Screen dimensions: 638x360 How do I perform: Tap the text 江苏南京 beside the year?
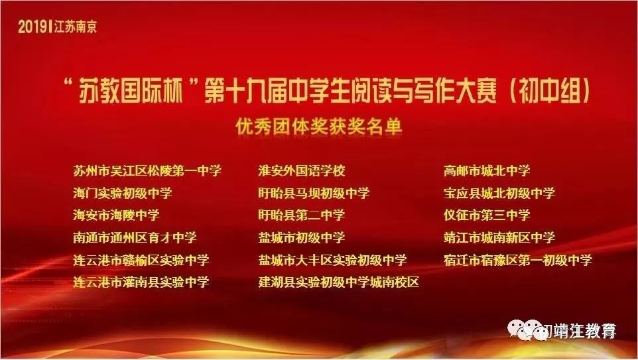coord(76,27)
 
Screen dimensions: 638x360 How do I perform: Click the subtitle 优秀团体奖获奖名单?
coord(319,127)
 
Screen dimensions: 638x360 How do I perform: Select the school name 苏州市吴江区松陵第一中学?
coord(147,170)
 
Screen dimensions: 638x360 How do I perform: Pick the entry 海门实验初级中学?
coord(123,193)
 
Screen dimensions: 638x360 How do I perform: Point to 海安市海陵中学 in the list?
coord(116,215)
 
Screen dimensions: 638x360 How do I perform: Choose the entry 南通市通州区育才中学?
coord(135,237)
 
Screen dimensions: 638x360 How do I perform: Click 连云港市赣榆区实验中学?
coord(141,259)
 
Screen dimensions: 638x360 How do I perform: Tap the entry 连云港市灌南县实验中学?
coord(141,282)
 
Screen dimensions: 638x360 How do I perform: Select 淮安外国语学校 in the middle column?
coord(302,170)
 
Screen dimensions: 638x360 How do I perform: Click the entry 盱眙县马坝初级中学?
coord(314,193)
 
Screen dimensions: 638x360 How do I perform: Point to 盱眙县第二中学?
coord(302,215)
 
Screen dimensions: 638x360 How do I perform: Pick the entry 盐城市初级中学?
coord(302,237)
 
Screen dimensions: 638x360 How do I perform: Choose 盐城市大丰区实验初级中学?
coord(332,259)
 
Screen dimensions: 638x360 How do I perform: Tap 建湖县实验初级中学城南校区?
coord(338,282)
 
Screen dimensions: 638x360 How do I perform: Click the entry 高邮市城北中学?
coord(487,170)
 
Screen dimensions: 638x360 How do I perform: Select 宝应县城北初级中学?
coord(499,193)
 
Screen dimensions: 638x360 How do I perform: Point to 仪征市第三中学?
coord(487,215)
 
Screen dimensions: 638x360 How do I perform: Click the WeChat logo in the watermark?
coord(527,330)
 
